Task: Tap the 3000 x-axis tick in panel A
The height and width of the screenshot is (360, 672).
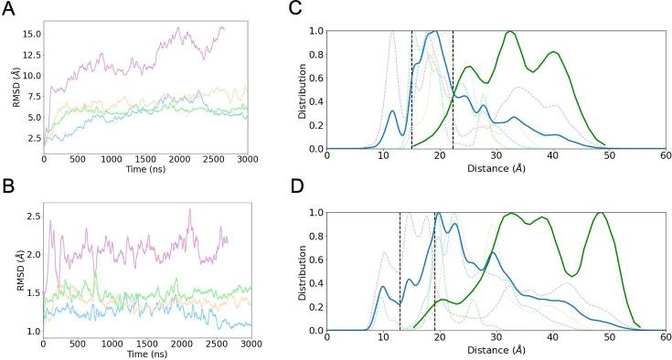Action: pyautogui.click(x=247, y=158)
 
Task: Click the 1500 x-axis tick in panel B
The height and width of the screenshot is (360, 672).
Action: pyautogui.click(x=145, y=344)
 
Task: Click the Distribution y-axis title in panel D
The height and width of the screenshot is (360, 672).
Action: pyautogui.click(x=294, y=271)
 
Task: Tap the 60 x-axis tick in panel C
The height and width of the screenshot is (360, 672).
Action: pyautogui.click(x=666, y=158)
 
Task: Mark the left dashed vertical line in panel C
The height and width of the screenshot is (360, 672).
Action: pyautogui.click(x=412, y=91)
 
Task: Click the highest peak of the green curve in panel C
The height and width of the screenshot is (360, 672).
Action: pyautogui.click(x=510, y=32)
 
